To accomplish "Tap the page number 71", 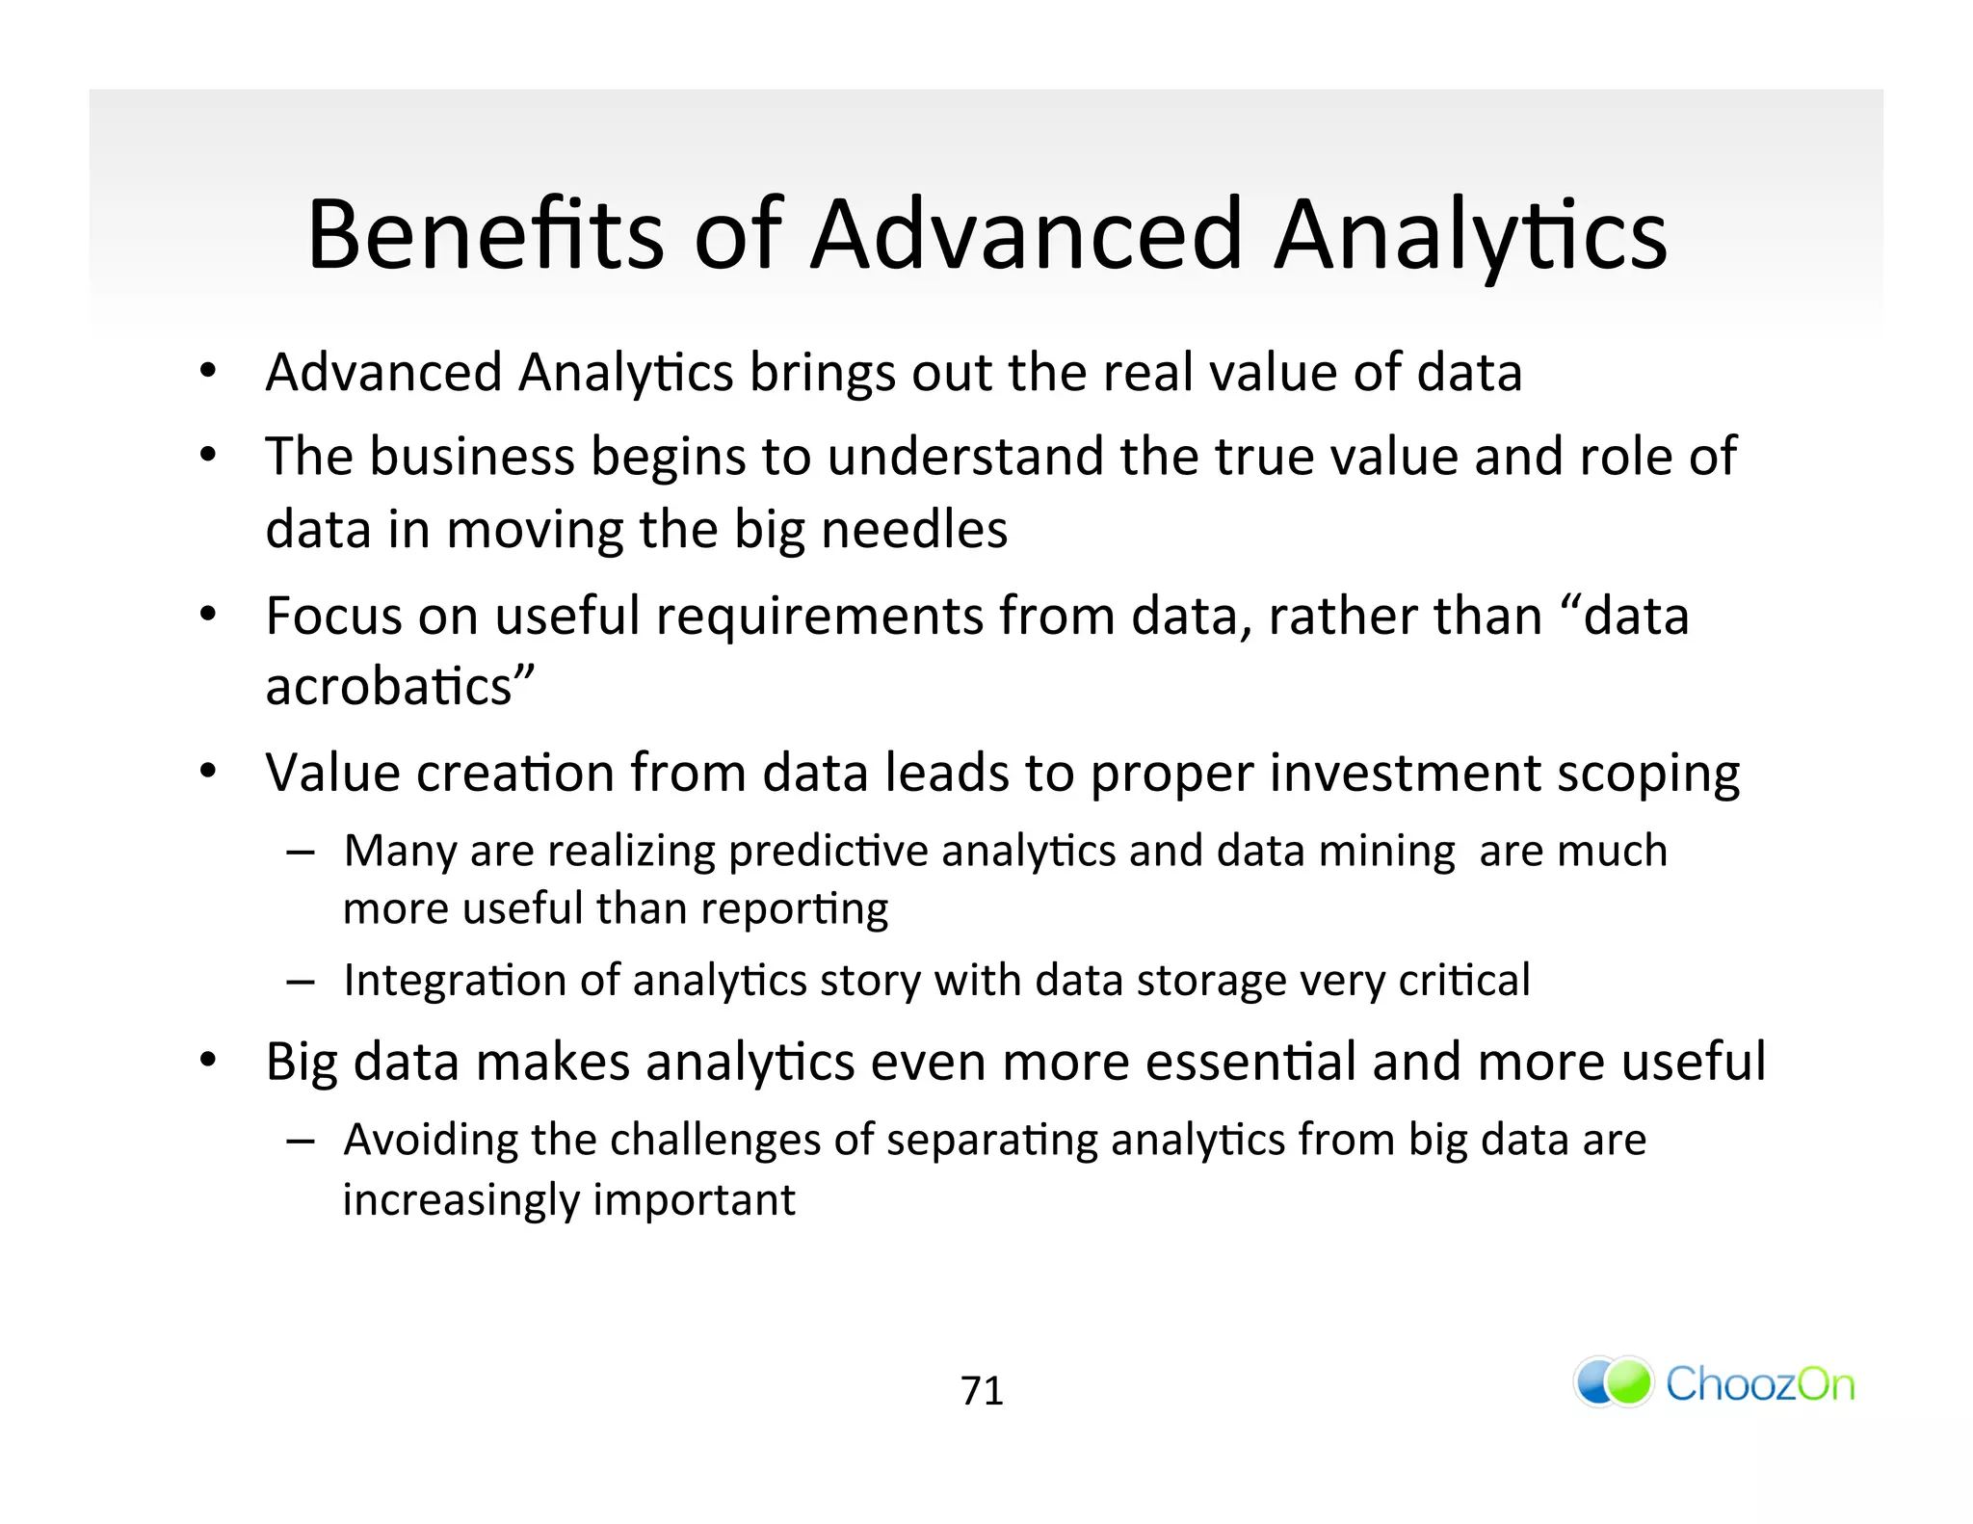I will coord(982,1391).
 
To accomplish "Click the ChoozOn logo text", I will coord(1759,1384).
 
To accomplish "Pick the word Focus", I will coord(333,616).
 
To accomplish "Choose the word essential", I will coord(1250,1062).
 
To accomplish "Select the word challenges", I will coord(715,1141).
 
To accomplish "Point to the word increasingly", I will coord(460,1201).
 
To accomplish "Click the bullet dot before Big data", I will coord(208,1062).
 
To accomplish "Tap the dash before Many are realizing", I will coord(300,853).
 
